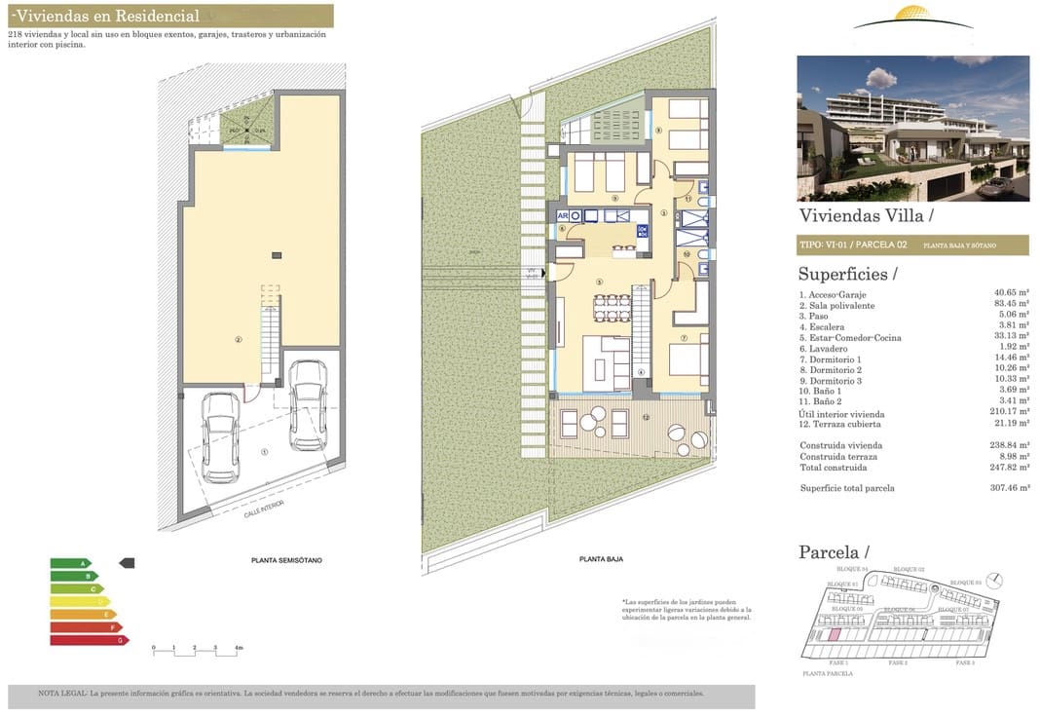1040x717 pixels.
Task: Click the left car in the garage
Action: coord(221,424)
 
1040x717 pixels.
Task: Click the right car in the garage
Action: coord(309,404)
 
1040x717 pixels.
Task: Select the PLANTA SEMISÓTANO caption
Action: coord(286,560)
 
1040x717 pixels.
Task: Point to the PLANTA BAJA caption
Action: coord(601,559)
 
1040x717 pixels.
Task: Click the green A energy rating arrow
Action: coord(71,563)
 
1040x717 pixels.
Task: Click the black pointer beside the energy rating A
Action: coord(127,563)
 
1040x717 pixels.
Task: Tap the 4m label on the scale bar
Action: coord(239,647)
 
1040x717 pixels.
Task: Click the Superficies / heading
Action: coord(848,275)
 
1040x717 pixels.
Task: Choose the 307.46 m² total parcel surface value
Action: coord(1010,488)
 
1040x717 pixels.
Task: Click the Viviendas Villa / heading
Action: coord(866,215)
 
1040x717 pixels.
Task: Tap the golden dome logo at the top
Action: coord(912,17)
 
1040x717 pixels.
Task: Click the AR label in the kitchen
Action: coord(562,215)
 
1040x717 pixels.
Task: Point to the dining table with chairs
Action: coord(612,308)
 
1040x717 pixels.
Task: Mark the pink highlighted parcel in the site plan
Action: coord(835,634)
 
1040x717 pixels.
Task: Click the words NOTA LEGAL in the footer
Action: coord(62,694)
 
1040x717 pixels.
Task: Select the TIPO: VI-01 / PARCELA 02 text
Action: coord(853,245)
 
